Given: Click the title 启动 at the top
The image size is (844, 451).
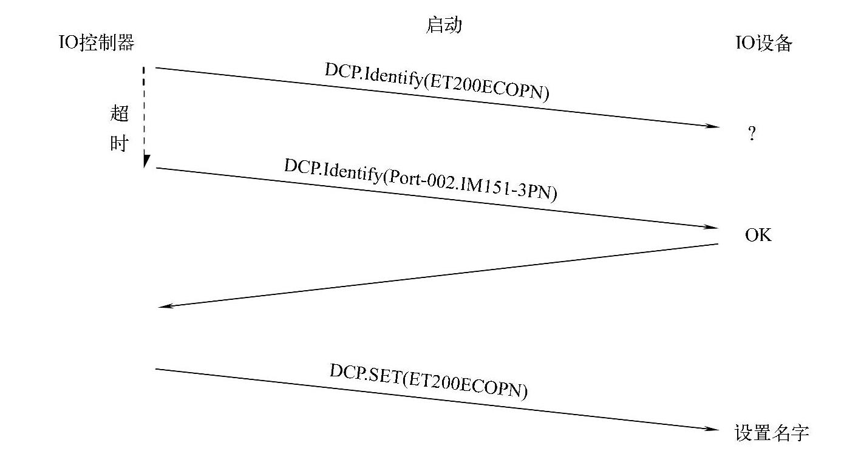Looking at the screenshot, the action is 444,25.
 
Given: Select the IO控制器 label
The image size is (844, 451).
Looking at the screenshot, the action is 96,43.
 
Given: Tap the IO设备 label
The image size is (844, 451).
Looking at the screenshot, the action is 764,44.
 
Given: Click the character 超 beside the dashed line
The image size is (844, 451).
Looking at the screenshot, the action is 120,113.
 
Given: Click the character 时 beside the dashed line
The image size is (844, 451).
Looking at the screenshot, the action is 120,143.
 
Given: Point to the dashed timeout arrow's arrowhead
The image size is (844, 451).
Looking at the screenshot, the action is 146,161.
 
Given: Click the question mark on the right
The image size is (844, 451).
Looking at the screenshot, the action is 752,134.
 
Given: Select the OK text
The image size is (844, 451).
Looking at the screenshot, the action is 758,236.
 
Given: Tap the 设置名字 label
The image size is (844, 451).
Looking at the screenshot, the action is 771,433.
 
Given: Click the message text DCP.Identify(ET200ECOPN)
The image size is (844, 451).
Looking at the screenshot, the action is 437,81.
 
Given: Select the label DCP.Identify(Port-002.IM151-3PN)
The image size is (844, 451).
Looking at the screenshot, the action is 420,180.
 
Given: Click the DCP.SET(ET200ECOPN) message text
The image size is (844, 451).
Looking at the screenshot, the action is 428,382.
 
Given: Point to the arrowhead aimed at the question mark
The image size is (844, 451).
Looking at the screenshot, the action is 713,126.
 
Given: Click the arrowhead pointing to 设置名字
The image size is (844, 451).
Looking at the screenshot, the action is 713,429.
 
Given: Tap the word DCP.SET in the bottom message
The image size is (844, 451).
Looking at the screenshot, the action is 364,374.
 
